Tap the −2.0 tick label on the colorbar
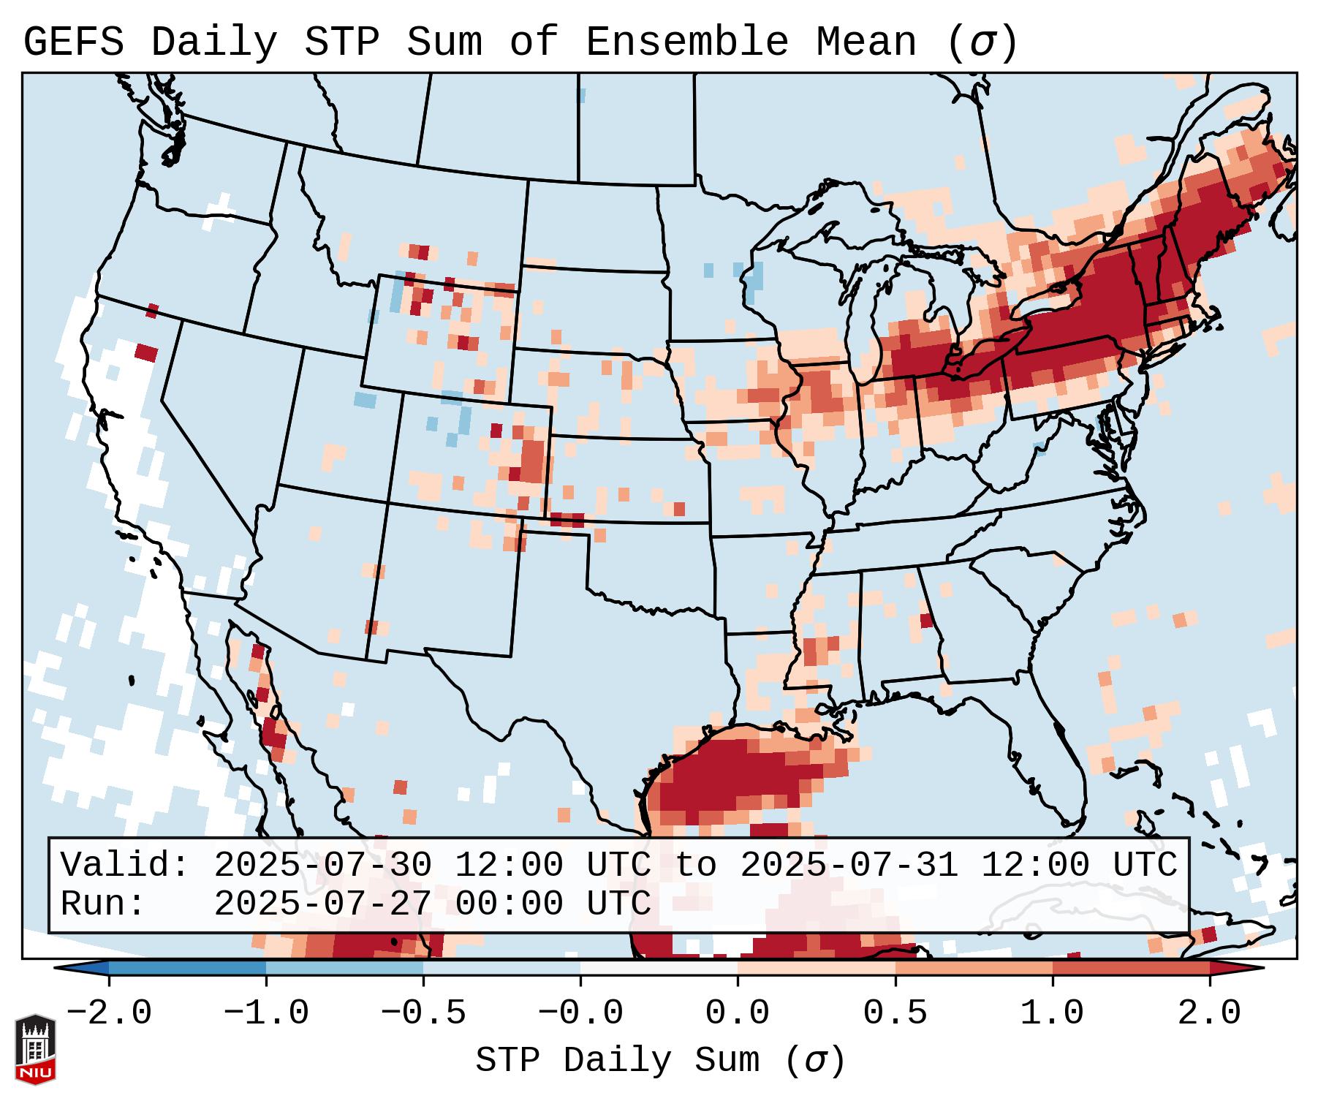pos(109,1013)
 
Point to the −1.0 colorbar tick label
pos(266,1013)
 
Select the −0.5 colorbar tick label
pos(423,1013)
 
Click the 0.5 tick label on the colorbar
pos(895,1013)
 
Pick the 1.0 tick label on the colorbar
pos(1053,1013)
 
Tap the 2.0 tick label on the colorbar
pos(1210,1013)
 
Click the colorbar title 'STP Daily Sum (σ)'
pos(660,1060)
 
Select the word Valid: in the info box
pos(125,866)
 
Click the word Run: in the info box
pos(103,904)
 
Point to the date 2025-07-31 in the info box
pos(849,866)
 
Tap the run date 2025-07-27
pos(322,904)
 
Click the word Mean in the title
pos(866,42)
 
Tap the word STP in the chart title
pos(341,42)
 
